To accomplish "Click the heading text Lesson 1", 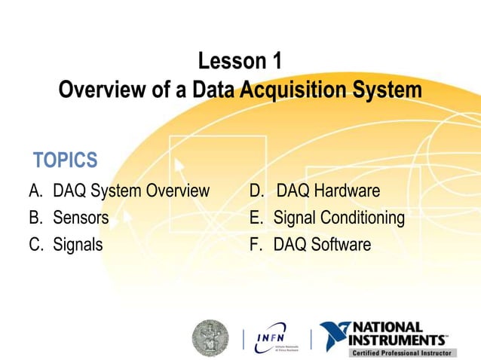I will coord(240,61).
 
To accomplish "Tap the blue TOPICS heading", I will coord(66,160).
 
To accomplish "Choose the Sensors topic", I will coord(80,218).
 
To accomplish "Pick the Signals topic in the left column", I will coord(78,245).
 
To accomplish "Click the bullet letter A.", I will coord(35,191).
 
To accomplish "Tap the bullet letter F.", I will coord(256,245).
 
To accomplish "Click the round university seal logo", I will coord(210,337).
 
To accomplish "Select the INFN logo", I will coord(277,337).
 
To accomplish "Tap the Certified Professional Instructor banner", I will coord(402,352).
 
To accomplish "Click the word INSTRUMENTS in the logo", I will coord(404,340).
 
